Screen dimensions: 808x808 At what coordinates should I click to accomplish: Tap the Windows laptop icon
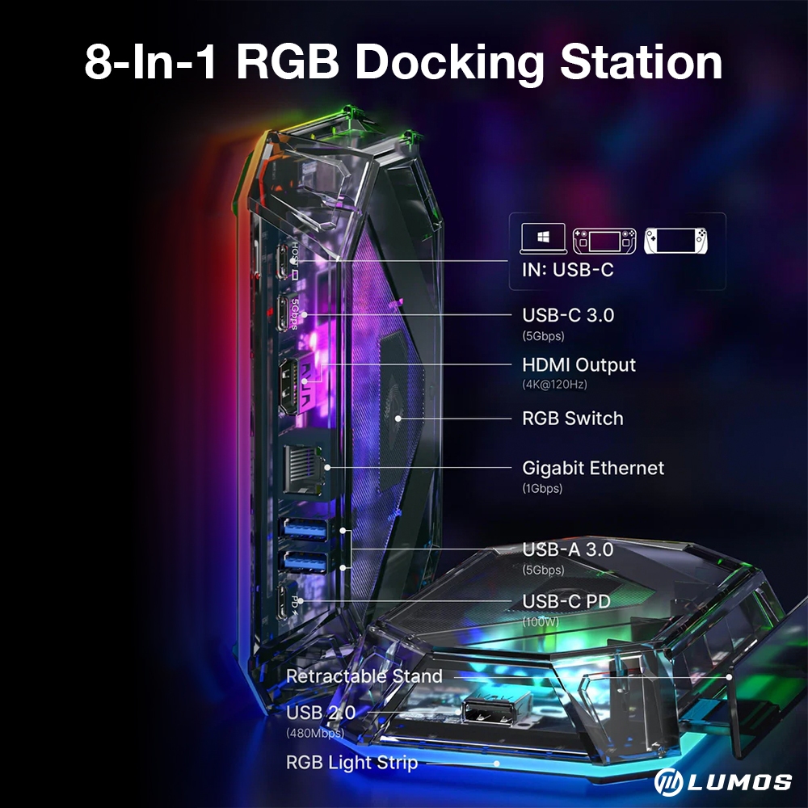tap(541, 239)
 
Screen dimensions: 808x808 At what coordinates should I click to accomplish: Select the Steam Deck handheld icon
tap(603, 240)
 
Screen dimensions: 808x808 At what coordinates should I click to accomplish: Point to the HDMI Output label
tap(579, 365)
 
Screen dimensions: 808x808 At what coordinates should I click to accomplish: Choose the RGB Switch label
tap(573, 419)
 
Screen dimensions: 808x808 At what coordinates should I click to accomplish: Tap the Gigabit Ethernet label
tap(593, 468)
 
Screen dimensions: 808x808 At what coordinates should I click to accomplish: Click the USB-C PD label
tap(566, 601)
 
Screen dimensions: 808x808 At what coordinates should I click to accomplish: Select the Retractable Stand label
tap(364, 676)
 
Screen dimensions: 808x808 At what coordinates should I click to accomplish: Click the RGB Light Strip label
tap(351, 762)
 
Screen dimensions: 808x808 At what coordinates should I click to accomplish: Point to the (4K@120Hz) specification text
tap(554, 385)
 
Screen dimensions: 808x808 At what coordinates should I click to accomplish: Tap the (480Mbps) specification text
tap(315, 734)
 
